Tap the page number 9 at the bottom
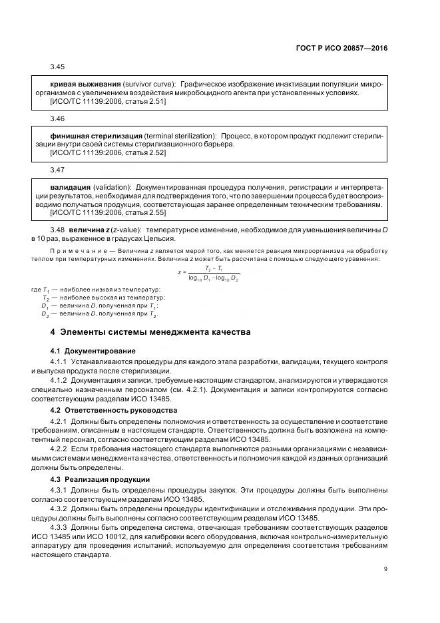[x=385, y=568]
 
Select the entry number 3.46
[x=58, y=118]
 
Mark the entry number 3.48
[x=58, y=230]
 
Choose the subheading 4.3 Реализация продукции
[x=100, y=479]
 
